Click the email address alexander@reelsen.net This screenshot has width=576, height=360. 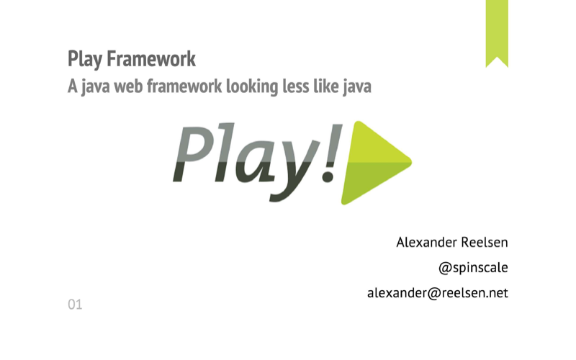tap(438, 293)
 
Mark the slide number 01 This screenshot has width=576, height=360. tap(75, 305)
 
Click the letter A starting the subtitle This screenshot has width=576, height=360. tap(72, 87)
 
